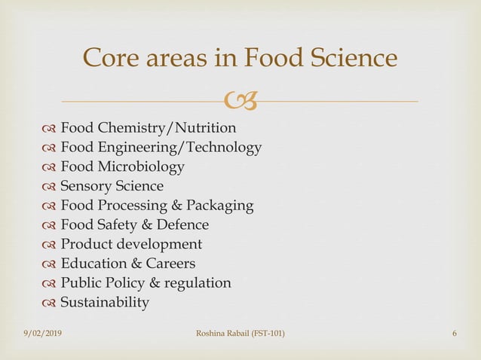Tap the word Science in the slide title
coord(352,59)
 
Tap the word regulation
coord(196,284)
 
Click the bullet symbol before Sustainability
coord(50,304)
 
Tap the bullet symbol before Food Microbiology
coord(50,166)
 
